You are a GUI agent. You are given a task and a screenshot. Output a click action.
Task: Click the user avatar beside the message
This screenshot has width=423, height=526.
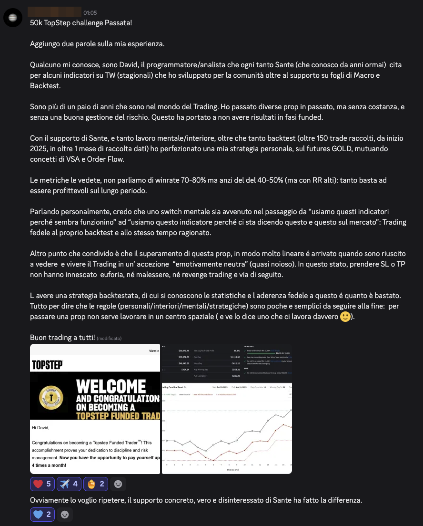[x=11, y=18]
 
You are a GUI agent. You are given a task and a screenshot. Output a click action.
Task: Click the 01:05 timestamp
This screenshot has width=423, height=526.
[x=91, y=12]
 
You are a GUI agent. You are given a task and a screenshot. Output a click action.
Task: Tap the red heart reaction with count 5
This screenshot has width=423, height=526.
[x=42, y=484]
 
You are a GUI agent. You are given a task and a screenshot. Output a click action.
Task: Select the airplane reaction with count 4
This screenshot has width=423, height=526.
[x=69, y=484]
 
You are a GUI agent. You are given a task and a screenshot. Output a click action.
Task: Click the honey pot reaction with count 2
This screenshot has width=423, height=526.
[x=96, y=484]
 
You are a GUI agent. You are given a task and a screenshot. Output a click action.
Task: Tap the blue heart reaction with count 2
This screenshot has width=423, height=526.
[x=42, y=515]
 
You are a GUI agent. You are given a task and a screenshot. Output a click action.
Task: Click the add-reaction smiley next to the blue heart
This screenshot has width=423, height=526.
[x=65, y=515]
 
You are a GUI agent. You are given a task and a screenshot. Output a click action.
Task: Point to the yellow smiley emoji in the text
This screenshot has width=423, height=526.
[x=345, y=317]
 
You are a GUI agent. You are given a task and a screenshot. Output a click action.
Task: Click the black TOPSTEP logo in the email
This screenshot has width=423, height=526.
[x=47, y=365]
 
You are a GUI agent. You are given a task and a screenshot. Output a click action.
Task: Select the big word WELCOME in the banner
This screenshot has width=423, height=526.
[x=111, y=386]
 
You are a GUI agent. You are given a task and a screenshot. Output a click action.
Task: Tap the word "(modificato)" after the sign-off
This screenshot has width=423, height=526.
[x=109, y=339]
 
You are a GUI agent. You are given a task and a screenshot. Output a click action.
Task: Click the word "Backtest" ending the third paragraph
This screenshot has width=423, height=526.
[x=46, y=86]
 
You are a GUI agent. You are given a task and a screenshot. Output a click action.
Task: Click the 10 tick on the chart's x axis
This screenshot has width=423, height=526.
[x=244, y=464]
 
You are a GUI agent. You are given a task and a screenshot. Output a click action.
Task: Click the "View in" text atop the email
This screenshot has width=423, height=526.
[x=154, y=351]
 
